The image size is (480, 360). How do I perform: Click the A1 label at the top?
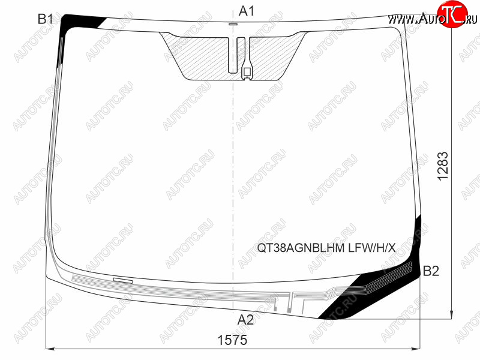246,11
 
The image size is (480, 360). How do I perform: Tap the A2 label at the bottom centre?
245,320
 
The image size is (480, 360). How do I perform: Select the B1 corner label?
46,19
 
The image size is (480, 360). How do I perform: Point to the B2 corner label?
431,271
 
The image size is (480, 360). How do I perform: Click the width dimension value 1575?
232,340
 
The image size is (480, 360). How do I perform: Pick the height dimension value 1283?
443,166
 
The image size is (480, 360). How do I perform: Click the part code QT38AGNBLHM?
301,247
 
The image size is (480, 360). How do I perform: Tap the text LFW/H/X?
372,247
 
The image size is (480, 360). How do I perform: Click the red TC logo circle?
452,13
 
